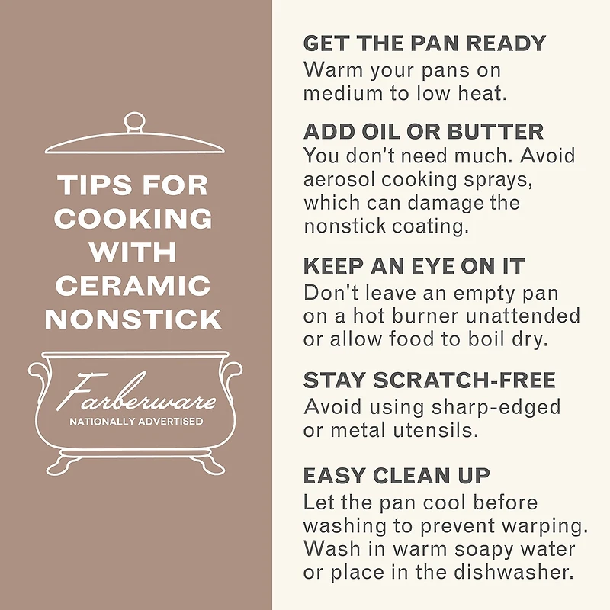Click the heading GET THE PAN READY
tap(425, 43)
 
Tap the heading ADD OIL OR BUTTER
tap(423, 131)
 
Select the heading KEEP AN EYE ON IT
tap(414, 266)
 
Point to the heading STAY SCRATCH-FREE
tap(429, 380)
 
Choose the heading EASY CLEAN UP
tap(396, 475)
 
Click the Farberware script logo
tap(136, 393)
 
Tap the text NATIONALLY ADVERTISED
tap(136, 422)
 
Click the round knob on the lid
tap(134, 123)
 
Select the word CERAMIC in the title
tap(133, 286)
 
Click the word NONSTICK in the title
tap(133, 319)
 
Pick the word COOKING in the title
tap(133, 218)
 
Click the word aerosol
tap(339, 180)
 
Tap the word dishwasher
tap(513, 572)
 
